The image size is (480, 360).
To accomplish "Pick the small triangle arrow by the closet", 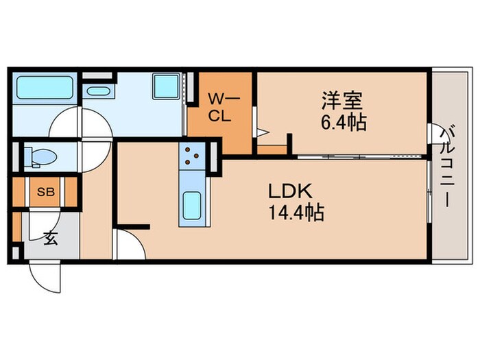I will point(263,132).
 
